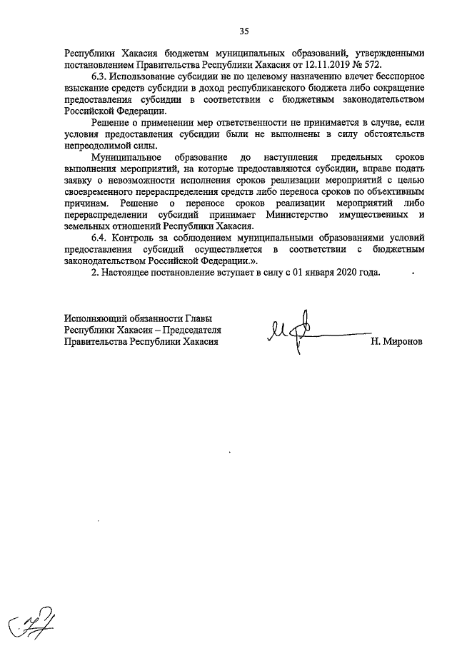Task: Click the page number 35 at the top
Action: [244, 31]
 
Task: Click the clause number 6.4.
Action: [101, 238]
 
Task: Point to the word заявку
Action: [79, 180]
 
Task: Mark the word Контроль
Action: [143, 238]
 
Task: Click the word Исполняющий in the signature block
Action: [94, 318]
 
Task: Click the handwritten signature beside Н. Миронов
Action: [300, 333]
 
